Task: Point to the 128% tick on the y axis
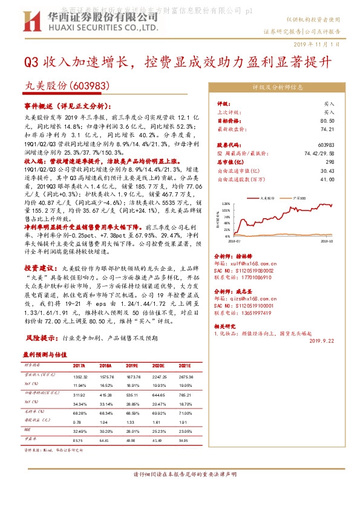pyautogui.click(x=226, y=204)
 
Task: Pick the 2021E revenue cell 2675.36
pyautogui.click(x=185, y=375)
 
